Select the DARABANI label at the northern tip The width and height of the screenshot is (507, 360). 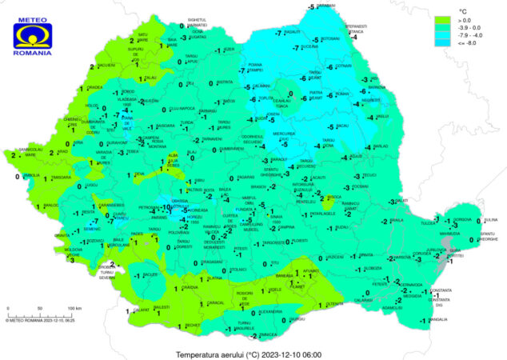tap(325, 6)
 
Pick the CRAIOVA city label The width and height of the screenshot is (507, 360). tap(190, 286)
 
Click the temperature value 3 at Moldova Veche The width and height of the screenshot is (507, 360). tap(71, 259)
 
